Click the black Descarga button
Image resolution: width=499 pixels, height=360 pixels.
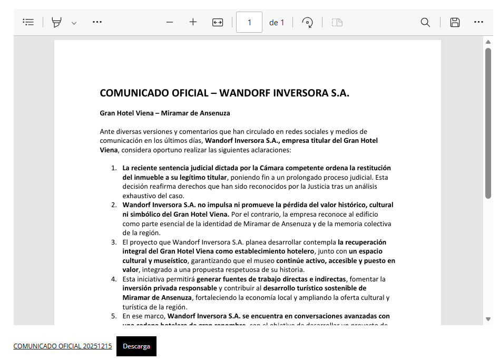coord(136,346)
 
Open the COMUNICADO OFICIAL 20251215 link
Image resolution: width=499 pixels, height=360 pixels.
coord(62,346)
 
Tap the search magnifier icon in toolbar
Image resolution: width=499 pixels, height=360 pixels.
coord(425,22)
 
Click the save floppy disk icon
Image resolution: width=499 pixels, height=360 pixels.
coord(455,22)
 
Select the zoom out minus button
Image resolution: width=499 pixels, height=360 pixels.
coord(170,22)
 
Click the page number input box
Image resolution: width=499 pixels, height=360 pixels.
coord(249,23)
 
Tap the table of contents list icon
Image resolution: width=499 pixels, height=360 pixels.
coord(28,22)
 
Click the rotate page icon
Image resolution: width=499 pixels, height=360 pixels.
coord(308,22)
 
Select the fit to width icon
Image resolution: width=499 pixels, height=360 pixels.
coord(218,22)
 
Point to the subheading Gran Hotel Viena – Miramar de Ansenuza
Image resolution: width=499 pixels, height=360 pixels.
coord(165,113)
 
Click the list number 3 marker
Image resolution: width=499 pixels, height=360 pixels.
coord(114,242)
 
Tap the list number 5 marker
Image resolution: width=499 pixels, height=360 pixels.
coord(114,316)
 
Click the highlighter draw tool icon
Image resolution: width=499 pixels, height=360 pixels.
coord(56,22)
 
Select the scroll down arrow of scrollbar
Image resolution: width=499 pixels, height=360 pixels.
coord(488,319)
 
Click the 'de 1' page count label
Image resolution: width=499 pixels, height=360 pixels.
coord(277,23)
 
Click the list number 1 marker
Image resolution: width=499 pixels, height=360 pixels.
coord(114,168)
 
